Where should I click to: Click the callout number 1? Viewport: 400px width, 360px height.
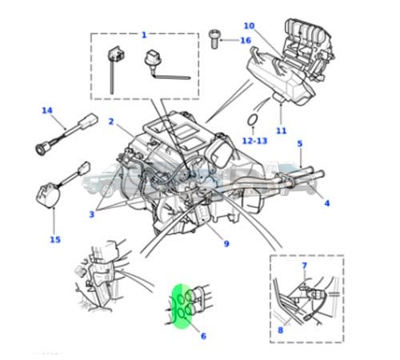pos(144,34)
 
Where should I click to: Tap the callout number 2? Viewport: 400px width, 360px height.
pos(111,122)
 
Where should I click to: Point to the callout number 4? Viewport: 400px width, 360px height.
pos(326,202)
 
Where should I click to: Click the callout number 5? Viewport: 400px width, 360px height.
pos(299,144)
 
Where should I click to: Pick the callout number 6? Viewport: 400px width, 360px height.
pos(203,336)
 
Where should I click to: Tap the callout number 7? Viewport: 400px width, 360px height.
pos(304,265)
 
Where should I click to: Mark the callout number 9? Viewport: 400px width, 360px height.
pos(226,244)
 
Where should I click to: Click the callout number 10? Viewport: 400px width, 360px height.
pos(248,26)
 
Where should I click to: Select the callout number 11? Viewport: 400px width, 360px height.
pos(281,130)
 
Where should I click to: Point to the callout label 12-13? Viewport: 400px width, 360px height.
pos(254,141)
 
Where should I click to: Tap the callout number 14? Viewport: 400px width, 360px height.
pos(46,110)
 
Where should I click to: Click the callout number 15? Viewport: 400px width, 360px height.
pos(54,238)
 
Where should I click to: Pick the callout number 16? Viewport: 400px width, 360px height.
pos(246,40)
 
